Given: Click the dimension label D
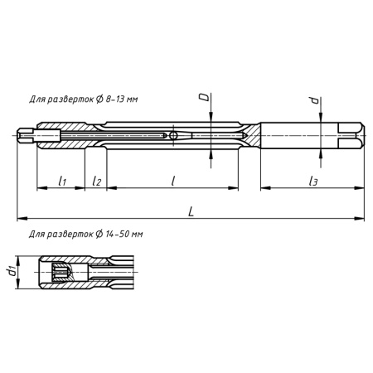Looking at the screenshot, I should (x=203, y=99).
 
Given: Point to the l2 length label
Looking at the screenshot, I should (x=96, y=179).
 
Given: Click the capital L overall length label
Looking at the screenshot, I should (x=191, y=212).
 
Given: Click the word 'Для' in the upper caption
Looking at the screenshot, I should (x=38, y=99).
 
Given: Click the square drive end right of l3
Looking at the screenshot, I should (x=352, y=133).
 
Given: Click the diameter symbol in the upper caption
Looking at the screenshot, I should (x=97, y=99).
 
